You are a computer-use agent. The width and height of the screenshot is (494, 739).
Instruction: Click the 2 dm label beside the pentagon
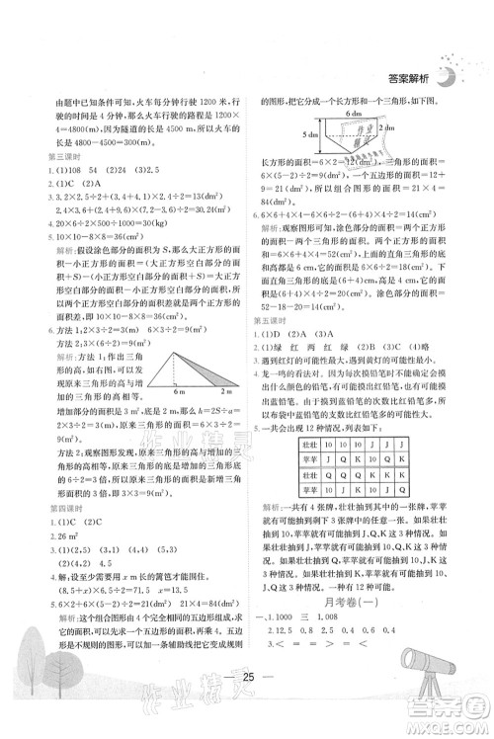(x=388, y=141)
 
